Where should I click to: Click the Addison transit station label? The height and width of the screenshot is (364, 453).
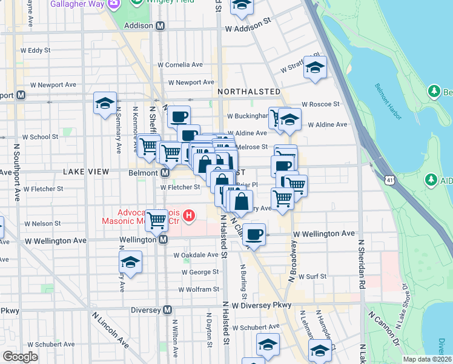pyautogui.click(x=139, y=26)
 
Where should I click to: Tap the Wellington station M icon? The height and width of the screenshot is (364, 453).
pyautogui.click(x=163, y=240)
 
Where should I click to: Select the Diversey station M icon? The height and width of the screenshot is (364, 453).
pyautogui.click(x=168, y=310)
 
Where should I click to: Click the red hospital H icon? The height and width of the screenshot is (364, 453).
pyautogui.click(x=189, y=215)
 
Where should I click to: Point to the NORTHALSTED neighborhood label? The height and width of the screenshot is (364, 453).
pyautogui.click(x=249, y=92)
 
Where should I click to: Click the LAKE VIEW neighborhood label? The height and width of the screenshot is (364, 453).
pyautogui.click(x=86, y=172)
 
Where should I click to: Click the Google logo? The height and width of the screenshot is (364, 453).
pyautogui.click(x=20, y=356)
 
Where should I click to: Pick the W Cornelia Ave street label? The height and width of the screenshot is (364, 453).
pyautogui.click(x=180, y=64)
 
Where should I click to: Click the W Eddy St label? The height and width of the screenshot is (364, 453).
pyautogui.click(x=39, y=50)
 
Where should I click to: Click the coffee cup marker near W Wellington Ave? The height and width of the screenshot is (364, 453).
pyautogui.click(x=254, y=235)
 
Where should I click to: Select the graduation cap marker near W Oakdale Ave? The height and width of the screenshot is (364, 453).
pyautogui.click(x=130, y=263)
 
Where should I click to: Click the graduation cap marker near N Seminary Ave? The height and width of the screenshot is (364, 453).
pyautogui.click(x=105, y=104)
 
